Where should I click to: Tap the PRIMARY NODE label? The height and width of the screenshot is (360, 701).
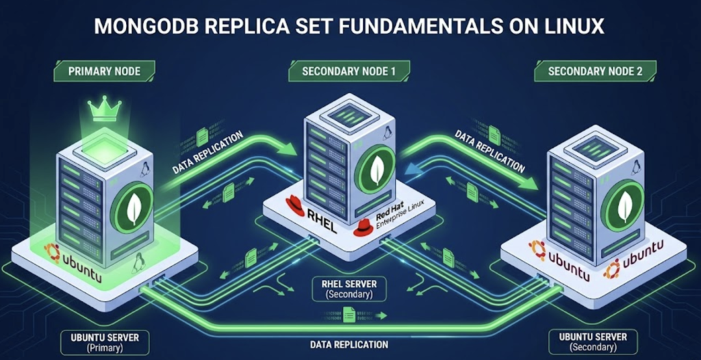(105, 70)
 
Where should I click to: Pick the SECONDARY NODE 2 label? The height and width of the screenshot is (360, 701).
(595, 70)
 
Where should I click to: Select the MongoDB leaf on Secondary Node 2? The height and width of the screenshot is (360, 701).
(625, 205)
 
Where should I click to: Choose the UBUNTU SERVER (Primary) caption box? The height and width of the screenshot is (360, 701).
(105, 342)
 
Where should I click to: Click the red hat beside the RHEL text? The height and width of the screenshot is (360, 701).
(295, 205)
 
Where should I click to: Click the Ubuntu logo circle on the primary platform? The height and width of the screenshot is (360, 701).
(52, 252)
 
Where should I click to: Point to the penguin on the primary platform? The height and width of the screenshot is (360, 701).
(140, 261)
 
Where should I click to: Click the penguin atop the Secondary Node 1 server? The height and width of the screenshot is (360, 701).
(387, 132)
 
